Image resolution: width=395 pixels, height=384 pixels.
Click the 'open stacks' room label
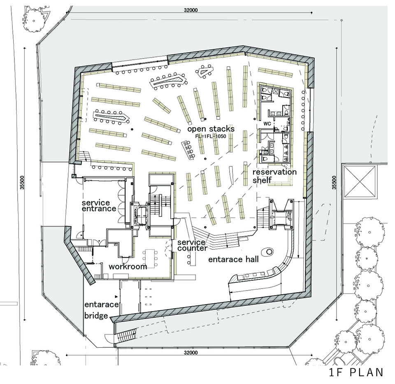[211, 129]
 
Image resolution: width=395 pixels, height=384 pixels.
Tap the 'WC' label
[267, 124]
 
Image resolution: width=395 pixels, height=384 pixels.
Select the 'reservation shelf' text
[274, 176]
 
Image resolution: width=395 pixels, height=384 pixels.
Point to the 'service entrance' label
[99, 206]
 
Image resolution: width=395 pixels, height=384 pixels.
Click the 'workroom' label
[128, 266]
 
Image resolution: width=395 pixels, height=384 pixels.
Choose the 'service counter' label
[192, 245]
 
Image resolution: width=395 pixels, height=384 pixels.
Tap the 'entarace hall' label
[233, 259]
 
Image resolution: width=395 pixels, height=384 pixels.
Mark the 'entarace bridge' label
[101, 310]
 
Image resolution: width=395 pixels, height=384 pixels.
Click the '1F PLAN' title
[356, 372]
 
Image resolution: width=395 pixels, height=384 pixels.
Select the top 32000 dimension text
[191, 10]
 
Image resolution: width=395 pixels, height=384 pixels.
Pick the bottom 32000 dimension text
[191, 352]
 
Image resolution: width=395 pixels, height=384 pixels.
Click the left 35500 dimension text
[22, 182]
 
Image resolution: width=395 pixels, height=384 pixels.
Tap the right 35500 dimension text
[334, 182]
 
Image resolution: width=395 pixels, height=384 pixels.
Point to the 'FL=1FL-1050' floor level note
[211, 136]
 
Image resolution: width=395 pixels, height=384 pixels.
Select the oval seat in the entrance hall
[269, 251]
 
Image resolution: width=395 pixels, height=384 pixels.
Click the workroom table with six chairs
[150, 258]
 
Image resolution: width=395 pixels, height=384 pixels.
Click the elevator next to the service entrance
[139, 215]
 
